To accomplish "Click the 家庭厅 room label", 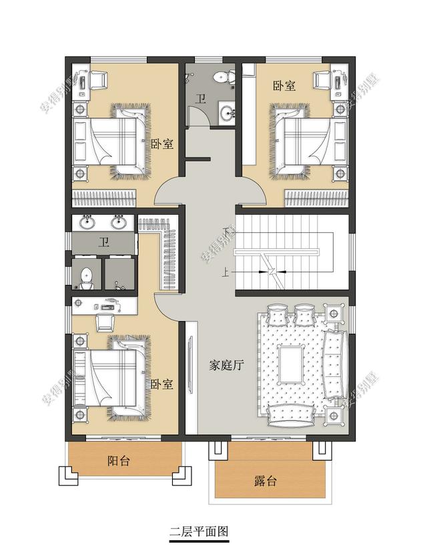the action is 226,365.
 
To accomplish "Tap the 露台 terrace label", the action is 265,481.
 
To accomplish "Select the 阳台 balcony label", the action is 119,461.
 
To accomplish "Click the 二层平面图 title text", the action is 199,531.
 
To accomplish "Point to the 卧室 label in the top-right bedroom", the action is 284,85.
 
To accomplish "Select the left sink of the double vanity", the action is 87,223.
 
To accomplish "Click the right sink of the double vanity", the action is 119,223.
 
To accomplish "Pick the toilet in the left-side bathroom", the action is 86,278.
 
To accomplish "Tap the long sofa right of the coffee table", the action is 334,365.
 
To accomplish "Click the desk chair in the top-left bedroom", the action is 98,79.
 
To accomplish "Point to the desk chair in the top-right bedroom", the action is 322,79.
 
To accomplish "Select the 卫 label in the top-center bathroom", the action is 201,99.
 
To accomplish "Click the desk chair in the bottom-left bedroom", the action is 105,322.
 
